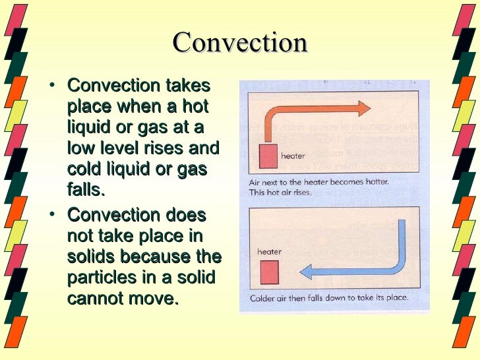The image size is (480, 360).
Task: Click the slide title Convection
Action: coord(240,43)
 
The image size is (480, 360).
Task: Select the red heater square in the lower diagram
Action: coord(268,272)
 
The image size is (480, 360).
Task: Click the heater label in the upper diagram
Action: coord(293,156)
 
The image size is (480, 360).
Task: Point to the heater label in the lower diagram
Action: coord(270,251)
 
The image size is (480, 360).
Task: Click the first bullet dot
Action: coord(52,86)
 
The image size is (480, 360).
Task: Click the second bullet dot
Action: coord(52,216)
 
